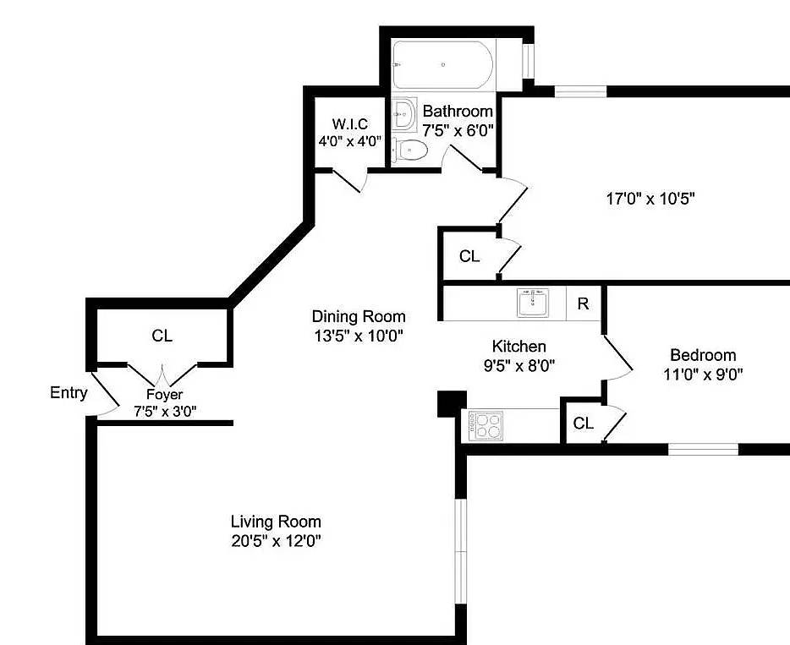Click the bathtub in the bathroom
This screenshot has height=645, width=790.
[x=442, y=64]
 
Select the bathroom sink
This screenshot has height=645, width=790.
[x=405, y=112]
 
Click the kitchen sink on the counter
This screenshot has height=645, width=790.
[x=533, y=303]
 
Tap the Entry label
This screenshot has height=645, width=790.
[x=69, y=392]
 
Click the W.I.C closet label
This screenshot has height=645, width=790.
[x=350, y=125]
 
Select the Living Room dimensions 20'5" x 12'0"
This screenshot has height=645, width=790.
[x=276, y=540]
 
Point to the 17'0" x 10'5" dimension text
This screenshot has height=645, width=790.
[x=650, y=200]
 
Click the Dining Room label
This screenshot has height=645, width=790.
[x=359, y=316]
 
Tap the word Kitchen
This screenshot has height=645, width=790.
[x=518, y=347]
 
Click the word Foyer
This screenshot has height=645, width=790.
[x=164, y=394]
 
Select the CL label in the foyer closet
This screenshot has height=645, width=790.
[x=162, y=336]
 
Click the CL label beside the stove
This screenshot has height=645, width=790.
[x=583, y=424]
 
